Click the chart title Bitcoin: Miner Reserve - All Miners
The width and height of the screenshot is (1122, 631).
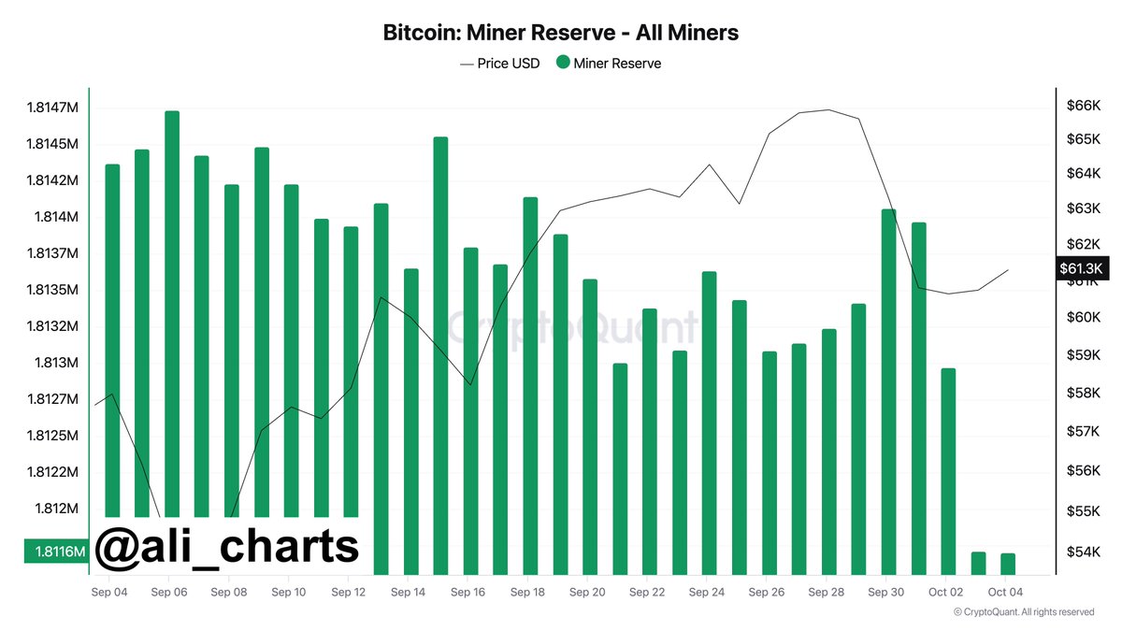[561, 33]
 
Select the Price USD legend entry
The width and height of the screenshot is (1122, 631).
[500, 64]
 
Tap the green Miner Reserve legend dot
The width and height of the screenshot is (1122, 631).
[563, 63]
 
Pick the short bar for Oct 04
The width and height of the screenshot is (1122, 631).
[1007, 564]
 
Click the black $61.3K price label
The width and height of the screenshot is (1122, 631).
[1082, 268]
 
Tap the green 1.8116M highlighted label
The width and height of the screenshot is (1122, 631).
[55, 552]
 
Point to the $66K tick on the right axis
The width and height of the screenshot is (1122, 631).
[1082, 106]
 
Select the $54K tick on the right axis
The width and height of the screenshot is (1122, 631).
[1082, 552]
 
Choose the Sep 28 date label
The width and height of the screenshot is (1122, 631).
[827, 592]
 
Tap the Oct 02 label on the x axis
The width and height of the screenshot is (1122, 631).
[946, 592]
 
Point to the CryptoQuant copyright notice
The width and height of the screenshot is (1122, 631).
[1023, 612]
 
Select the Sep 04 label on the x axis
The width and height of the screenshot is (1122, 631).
[109, 592]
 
